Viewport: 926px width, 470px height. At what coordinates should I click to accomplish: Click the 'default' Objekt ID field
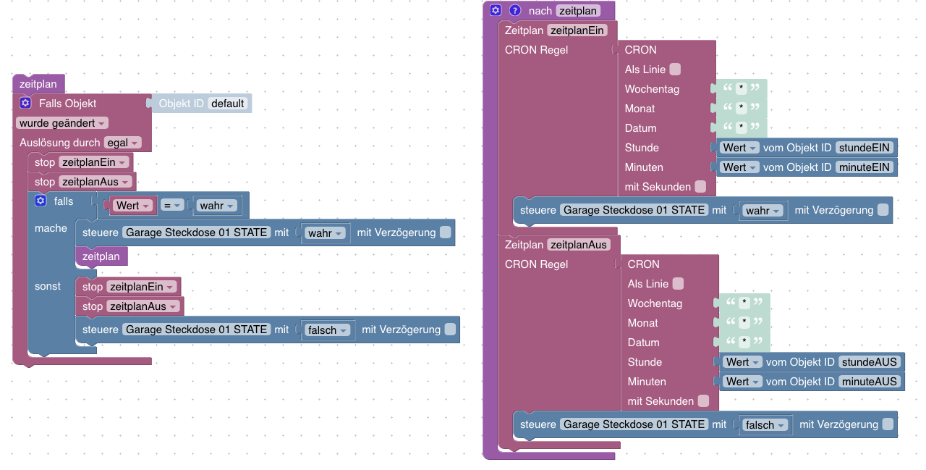(228, 104)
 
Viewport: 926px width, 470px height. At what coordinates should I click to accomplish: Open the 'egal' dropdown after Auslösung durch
(122, 143)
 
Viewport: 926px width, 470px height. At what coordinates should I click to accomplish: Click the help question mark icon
(515, 11)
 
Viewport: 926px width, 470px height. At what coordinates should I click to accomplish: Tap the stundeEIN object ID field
(865, 148)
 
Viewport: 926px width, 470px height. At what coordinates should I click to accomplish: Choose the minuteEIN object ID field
(865, 167)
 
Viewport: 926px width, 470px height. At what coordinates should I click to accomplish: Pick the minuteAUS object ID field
(870, 382)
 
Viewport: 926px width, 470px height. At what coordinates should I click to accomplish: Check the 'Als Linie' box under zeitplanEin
(675, 70)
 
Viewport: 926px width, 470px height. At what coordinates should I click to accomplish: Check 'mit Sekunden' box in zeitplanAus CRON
(703, 401)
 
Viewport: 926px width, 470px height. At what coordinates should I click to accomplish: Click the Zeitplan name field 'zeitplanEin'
(582, 30)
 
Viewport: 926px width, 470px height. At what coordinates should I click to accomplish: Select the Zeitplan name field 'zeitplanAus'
(579, 245)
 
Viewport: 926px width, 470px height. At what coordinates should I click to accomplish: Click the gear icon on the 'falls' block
(41, 201)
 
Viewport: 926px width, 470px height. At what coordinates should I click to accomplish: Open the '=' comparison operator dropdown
(171, 206)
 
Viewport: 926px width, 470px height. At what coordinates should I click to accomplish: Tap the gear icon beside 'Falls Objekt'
(25, 104)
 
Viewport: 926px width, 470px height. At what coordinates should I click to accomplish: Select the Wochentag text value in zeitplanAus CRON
(742, 303)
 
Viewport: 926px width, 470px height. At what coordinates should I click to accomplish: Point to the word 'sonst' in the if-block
(48, 286)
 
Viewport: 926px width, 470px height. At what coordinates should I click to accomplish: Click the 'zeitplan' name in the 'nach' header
(578, 11)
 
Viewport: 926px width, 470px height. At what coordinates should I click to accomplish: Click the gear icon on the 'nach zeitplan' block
(496, 11)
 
